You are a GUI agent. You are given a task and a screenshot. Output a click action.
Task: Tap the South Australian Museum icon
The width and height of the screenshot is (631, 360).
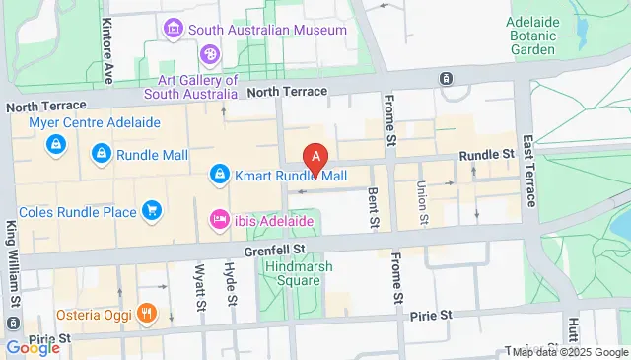[175, 29]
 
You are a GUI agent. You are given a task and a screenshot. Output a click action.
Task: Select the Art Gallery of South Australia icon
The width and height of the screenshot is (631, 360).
[210, 55]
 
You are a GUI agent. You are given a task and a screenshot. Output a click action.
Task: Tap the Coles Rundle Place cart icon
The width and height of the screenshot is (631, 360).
[151, 209]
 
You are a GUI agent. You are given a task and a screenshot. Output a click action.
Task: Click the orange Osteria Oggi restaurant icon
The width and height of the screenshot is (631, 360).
[147, 314]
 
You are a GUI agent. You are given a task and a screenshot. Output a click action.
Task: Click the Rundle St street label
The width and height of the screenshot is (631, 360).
[487, 154]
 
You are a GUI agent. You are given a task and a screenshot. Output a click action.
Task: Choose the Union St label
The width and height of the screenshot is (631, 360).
[422, 201]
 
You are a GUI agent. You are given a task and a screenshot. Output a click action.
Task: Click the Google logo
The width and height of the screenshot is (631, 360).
[32, 348]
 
